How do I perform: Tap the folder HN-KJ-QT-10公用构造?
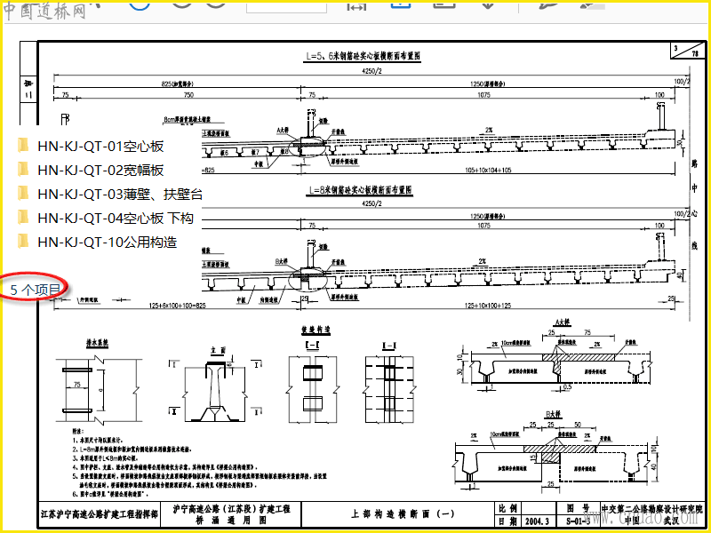pos(107,242)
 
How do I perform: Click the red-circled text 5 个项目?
pos(36,290)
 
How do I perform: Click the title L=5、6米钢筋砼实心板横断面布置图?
pos(362,56)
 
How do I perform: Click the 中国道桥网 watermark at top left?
pos(44,11)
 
